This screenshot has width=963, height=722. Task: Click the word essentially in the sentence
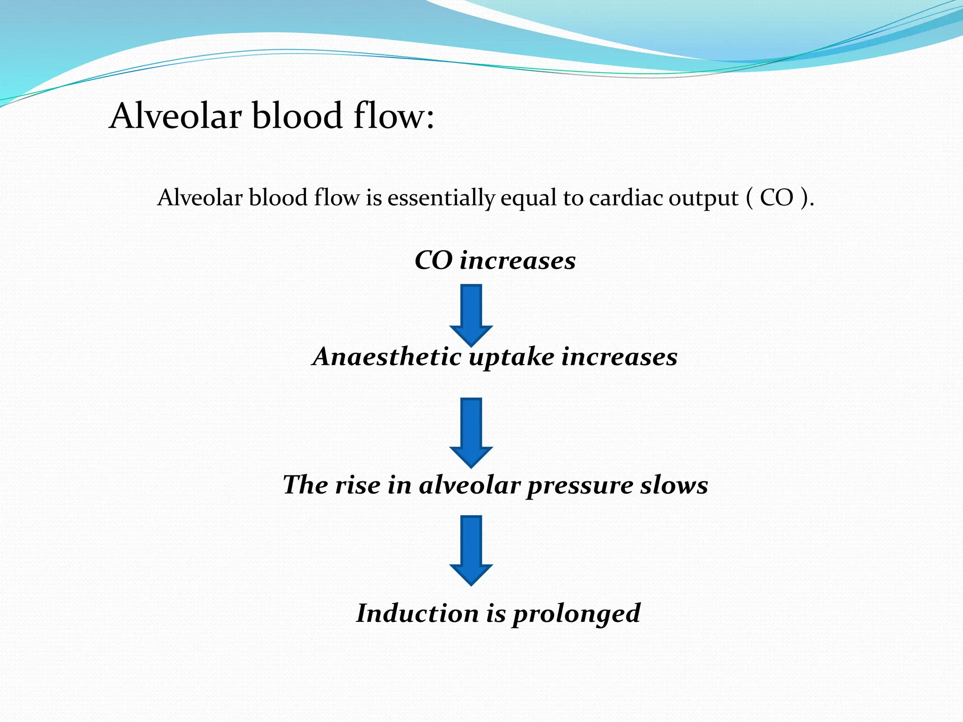(x=441, y=197)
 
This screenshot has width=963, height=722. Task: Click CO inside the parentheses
(x=777, y=197)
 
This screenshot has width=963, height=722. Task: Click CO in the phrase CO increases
(x=433, y=260)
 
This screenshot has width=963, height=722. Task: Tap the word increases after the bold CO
(x=517, y=260)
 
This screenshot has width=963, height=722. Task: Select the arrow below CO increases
(x=471, y=314)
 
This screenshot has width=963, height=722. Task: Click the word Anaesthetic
(x=387, y=356)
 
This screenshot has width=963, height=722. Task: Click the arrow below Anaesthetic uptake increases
(x=471, y=432)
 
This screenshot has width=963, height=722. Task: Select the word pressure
(x=579, y=486)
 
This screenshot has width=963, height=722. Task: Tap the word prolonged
(x=576, y=614)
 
